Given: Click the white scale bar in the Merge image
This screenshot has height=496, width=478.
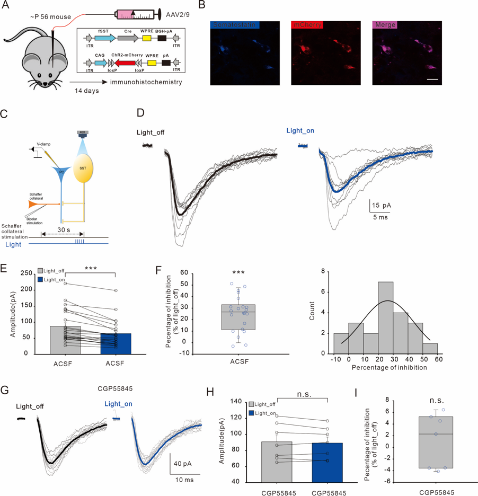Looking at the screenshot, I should pyautogui.click(x=432, y=81).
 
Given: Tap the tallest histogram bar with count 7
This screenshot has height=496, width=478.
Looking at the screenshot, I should pyautogui.click(x=385, y=317).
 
